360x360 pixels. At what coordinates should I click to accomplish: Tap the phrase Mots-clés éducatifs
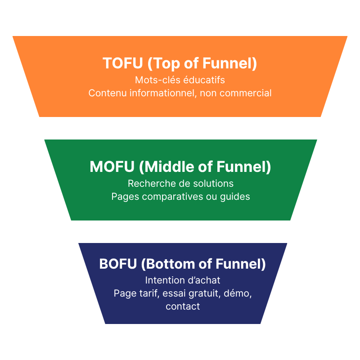click(x=180, y=80)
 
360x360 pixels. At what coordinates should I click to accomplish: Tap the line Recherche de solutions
click(x=180, y=184)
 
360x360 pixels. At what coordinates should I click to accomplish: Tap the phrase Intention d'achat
click(x=183, y=280)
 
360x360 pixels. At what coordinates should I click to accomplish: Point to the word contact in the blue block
click(x=183, y=306)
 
